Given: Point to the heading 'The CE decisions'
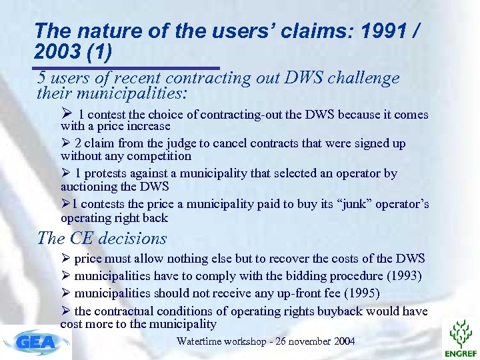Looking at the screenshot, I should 102,238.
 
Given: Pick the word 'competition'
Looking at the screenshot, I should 159,156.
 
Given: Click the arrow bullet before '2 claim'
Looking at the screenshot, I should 65,143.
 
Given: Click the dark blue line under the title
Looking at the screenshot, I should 127,68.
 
